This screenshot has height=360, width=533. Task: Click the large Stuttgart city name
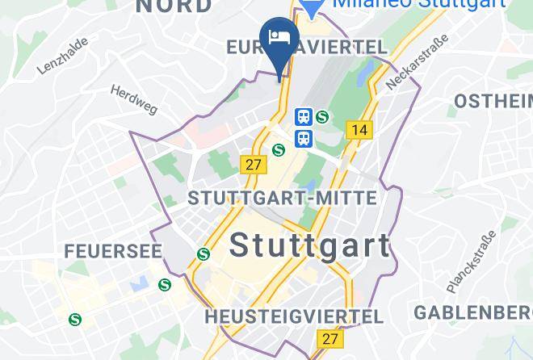coord(310,245)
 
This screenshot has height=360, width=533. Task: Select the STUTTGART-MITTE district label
coord(282,198)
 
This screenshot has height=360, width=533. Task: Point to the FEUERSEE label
coord(113,251)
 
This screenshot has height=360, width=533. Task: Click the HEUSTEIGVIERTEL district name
coord(293,316)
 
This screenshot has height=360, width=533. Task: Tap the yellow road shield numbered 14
coord(359,129)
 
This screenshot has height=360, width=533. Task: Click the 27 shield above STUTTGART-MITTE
coord(254,164)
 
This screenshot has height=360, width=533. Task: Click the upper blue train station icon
coord(304,117)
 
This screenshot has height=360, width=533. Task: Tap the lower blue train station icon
coord(304,138)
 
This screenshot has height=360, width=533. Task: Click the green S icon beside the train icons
coord(323,117)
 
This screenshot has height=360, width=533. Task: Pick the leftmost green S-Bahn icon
coord(76,319)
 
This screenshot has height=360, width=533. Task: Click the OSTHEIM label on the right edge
coord(493,101)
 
